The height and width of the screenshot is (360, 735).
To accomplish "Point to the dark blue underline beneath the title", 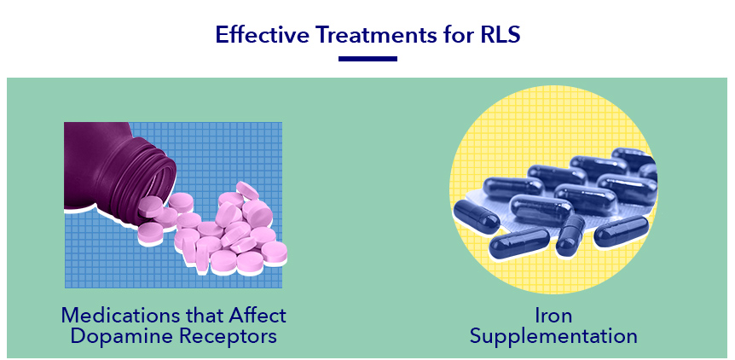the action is pyautogui.click(x=367, y=59).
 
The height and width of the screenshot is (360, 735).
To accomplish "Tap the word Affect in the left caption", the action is pyautogui.click(x=257, y=315).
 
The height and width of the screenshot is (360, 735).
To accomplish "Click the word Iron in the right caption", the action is pyautogui.click(x=553, y=315).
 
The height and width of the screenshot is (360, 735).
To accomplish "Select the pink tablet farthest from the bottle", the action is pyautogui.click(x=274, y=253).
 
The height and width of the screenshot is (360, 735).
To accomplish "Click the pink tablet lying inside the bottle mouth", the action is pyautogui.click(x=150, y=207).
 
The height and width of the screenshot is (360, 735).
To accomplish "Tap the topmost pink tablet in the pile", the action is pyautogui.click(x=247, y=190).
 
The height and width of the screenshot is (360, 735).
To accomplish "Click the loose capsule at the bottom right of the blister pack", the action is pyautogui.click(x=621, y=230).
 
